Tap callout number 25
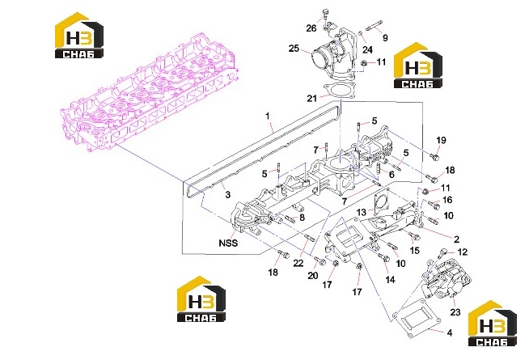coord(294,49)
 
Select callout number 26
coord(311,28)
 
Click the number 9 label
coord(385,38)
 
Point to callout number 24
coord(367,49)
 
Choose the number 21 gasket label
coord(311,98)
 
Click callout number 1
coord(268,116)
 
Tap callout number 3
coord(228,195)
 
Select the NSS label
coord(228,243)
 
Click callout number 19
coord(442,140)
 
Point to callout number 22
coord(298,263)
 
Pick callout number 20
coord(313,276)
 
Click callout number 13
coord(361,212)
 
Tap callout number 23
coord(455,312)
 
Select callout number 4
coord(450,333)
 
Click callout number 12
coord(463,252)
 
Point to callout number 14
coord(390,280)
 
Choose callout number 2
coord(456,239)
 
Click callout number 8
coord(302,218)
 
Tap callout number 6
coord(391,175)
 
